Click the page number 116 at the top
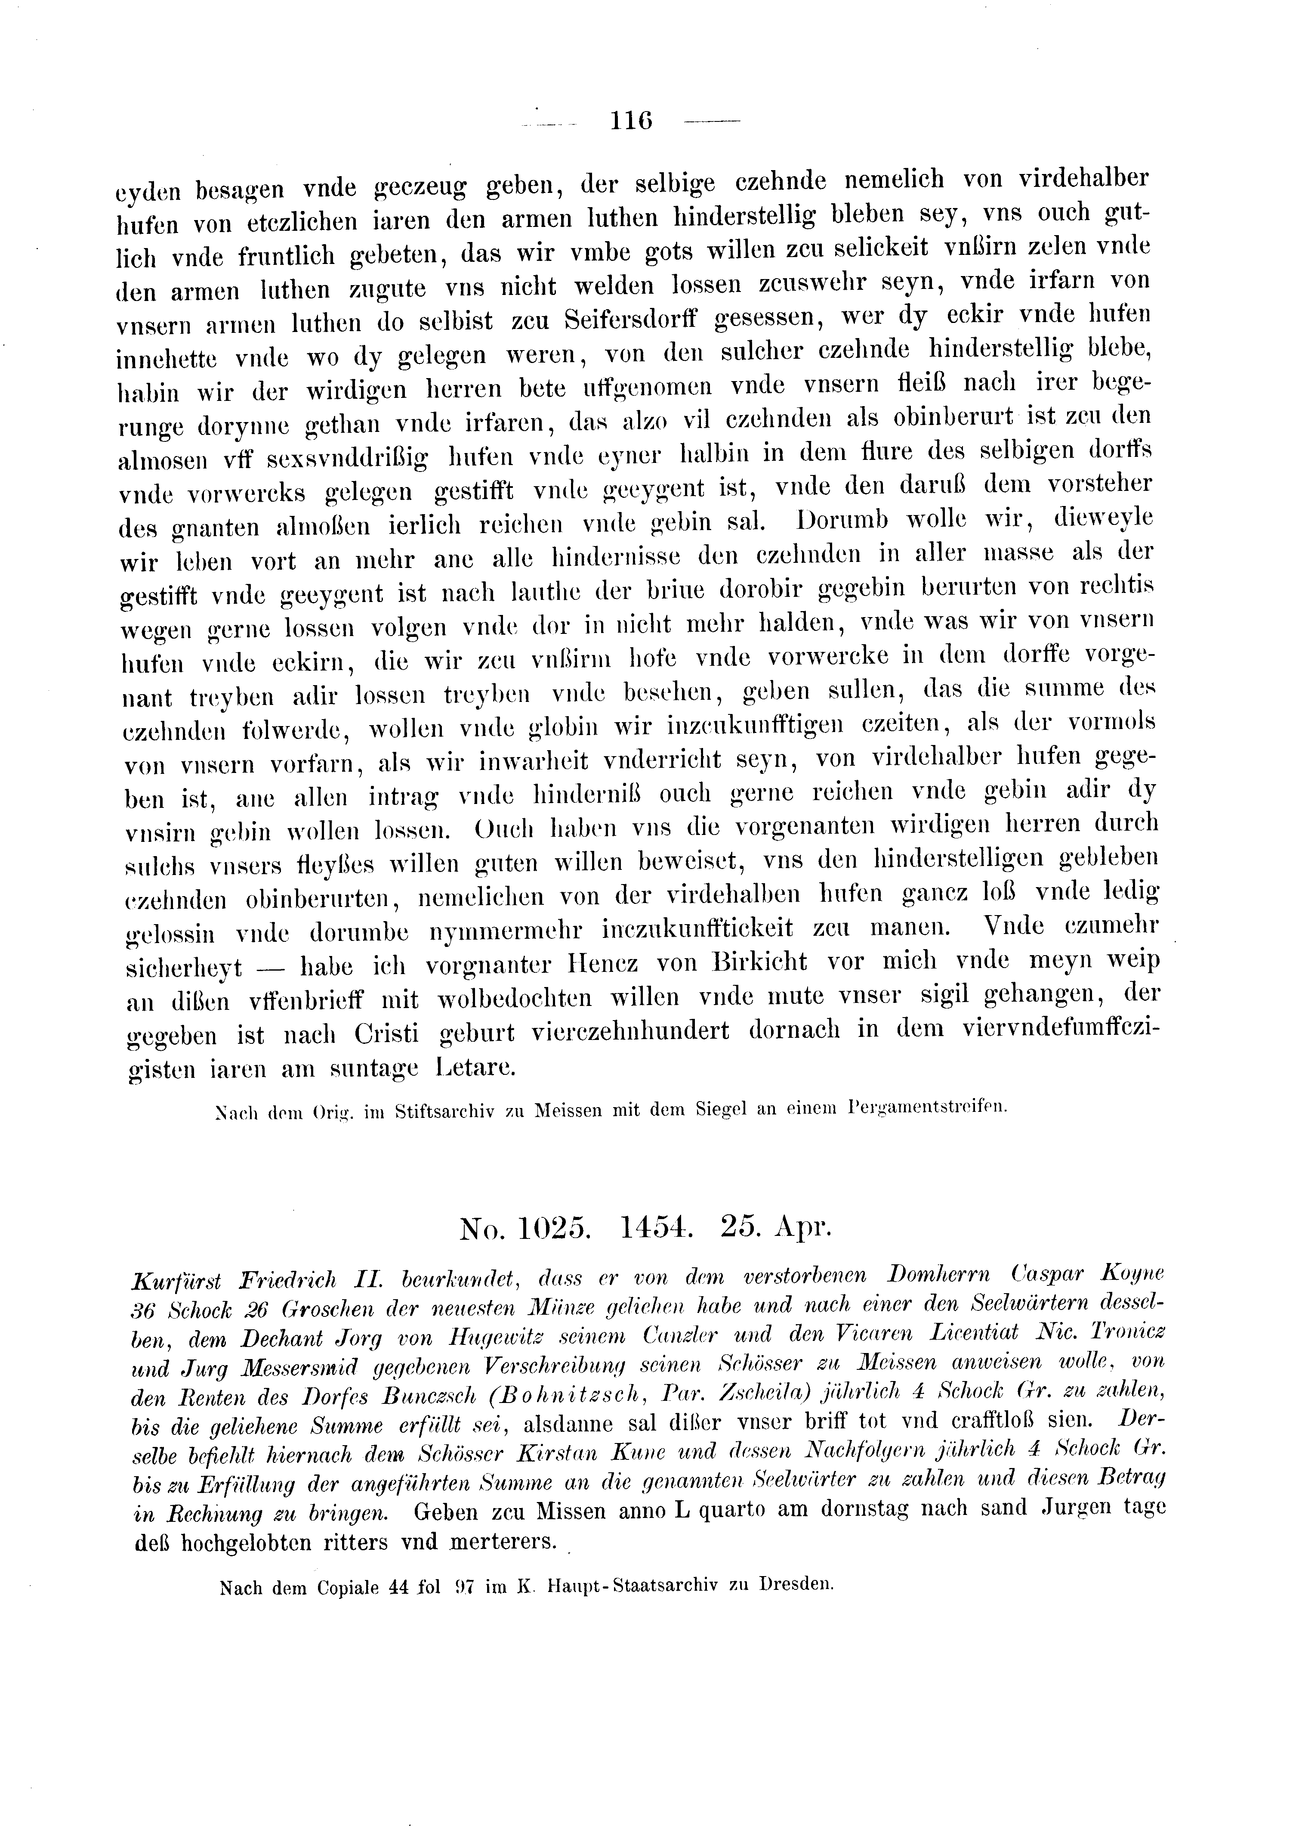tap(632, 121)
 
